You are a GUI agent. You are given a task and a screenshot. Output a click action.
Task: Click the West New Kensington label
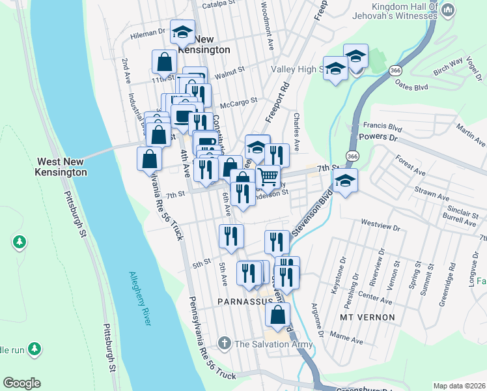tap(62, 167)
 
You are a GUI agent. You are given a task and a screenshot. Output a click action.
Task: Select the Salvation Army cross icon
tap(224, 343)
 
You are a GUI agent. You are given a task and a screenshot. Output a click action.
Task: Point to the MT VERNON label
tap(368, 317)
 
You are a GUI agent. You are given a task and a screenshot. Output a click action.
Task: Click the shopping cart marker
tap(268, 177)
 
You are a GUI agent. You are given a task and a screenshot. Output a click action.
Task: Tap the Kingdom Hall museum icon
tap(447, 11)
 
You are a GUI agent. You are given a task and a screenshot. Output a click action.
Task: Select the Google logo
tap(21, 383)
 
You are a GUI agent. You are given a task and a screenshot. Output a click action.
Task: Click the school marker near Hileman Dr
tap(183, 31)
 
